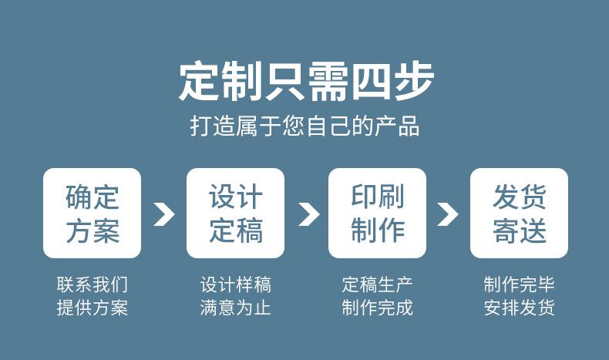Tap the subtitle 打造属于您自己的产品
click(304, 126)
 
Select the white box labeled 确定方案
click(92, 214)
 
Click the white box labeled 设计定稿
click(235, 214)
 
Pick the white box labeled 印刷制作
click(377, 214)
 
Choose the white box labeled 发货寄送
click(519, 214)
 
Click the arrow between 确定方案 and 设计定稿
click(163, 214)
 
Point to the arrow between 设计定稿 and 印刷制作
click(308, 214)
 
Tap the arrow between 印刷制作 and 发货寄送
click(447, 214)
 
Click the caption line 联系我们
click(92, 284)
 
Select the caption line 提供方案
click(92, 308)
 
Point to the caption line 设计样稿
click(235, 284)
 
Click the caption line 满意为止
click(235, 308)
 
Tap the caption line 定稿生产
click(377, 284)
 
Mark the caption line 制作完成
click(377, 308)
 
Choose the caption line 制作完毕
click(519, 284)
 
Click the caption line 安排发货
click(519, 308)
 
